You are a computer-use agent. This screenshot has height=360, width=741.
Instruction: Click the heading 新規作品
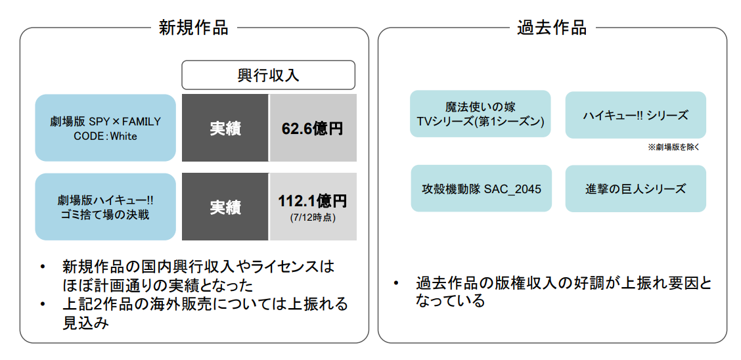tap(194, 28)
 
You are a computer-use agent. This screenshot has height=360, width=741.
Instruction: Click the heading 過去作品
tap(552, 28)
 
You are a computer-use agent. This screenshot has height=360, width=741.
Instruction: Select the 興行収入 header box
tap(268, 75)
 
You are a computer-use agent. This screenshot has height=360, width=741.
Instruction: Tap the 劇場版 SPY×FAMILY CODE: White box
tap(105, 128)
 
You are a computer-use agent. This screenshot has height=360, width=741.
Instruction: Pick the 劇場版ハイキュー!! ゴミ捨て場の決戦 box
tap(105, 207)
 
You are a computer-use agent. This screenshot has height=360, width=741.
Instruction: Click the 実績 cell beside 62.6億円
tap(225, 128)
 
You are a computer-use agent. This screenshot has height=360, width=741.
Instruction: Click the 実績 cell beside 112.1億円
tap(225, 207)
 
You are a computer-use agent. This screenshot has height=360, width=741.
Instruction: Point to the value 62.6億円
tap(313, 129)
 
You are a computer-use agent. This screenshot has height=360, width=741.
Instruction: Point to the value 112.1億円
tap(313, 200)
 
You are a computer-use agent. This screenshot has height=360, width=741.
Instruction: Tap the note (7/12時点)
tap(313, 217)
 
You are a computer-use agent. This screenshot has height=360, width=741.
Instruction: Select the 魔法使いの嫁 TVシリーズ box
tap(480, 114)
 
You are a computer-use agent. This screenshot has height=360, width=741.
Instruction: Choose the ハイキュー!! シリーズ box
tap(635, 115)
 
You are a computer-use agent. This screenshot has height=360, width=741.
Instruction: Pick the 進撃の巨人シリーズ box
tap(635, 189)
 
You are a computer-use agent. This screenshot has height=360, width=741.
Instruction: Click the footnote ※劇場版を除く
tap(673, 147)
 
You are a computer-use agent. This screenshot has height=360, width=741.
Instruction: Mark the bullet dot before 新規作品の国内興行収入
tap(43, 267)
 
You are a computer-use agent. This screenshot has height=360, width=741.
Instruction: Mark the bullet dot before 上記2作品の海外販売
tap(43, 305)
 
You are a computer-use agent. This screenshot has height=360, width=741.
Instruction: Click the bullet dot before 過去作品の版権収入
tap(396, 284)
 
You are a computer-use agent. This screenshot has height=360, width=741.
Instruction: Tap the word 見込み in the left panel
tap(85, 323)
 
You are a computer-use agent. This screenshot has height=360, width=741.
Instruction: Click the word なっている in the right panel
tap(450, 301)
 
